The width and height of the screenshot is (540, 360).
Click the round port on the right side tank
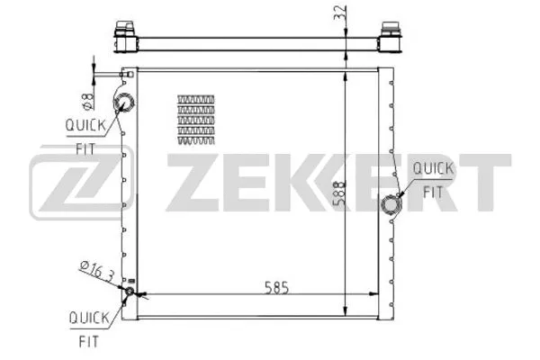point(391,204)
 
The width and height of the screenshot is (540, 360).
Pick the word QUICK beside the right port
point(432,168)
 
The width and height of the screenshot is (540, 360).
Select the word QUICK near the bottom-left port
point(88,317)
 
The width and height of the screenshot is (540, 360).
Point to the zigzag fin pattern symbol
point(197,119)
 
